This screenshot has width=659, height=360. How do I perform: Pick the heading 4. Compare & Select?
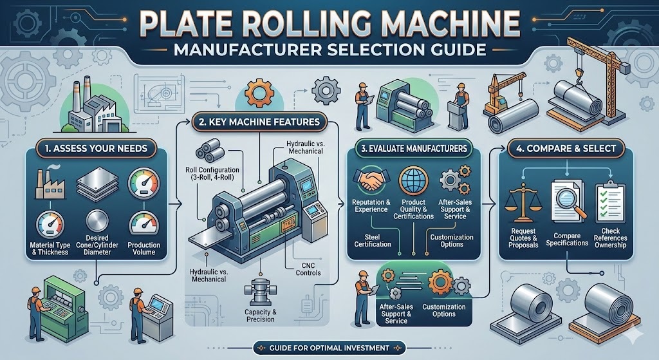pos(566,148)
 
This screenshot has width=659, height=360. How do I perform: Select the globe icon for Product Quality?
pos(409,180)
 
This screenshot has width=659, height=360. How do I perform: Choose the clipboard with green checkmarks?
pos(609,201)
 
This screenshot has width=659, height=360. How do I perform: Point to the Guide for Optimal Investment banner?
pos(329,348)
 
